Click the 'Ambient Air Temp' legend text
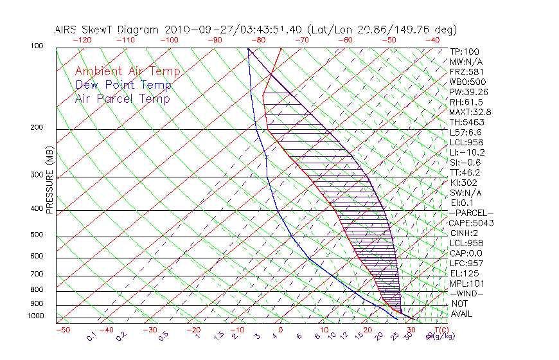tap(127, 72)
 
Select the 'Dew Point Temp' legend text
tap(123, 85)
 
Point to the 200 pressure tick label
tap(37, 127)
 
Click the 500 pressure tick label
tap(37, 235)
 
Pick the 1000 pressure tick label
tap(35, 316)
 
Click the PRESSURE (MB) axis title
tap(50, 181)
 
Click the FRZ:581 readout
tap(466, 72)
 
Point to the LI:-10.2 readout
tap(468, 152)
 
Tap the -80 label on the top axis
tap(258, 40)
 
